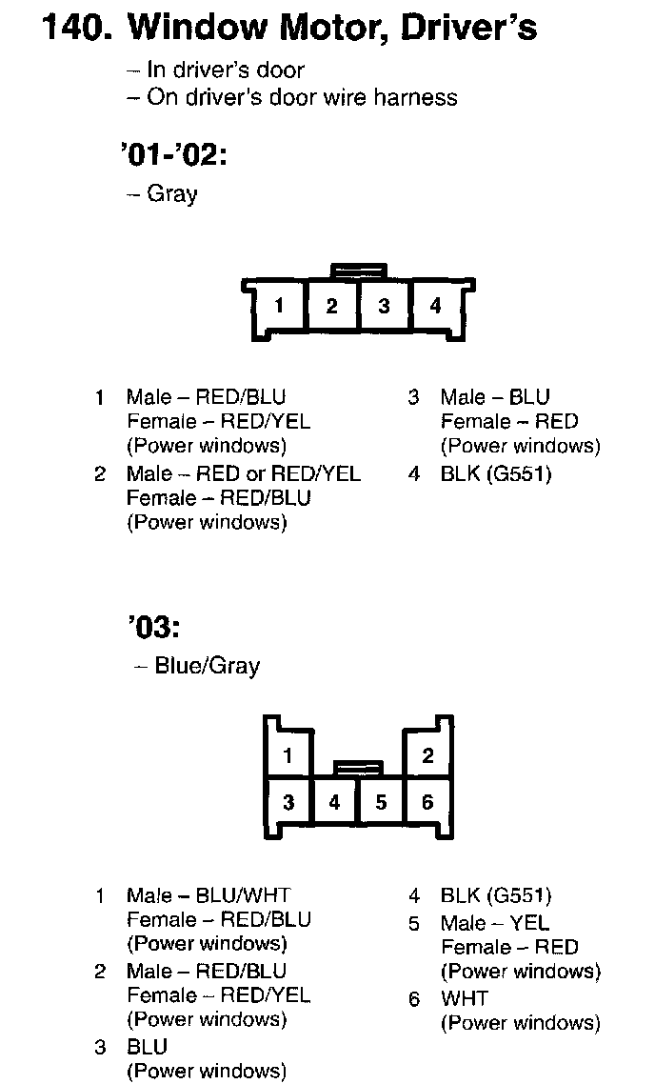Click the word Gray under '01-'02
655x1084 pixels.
click(172, 194)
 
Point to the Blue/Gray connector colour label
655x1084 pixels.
click(207, 666)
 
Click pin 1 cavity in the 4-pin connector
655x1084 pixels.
click(279, 306)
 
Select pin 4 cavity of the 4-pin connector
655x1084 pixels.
click(435, 306)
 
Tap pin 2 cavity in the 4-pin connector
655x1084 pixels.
click(331, 306)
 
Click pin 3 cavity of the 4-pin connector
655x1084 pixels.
click(384, 306)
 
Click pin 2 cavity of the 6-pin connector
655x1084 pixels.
click(427, 756)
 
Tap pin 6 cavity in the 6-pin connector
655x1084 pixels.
click(427, 802)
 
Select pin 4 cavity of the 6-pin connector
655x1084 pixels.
click(334, 802)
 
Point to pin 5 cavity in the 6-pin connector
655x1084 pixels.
click(381, 802)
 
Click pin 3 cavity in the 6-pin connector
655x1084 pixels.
click(288, 802)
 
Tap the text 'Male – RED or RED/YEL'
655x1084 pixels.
click(244, 473)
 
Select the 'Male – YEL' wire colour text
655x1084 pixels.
click(495, 923)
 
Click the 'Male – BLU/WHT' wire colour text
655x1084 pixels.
click(208, 895)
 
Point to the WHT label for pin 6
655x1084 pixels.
click(464, 998)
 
